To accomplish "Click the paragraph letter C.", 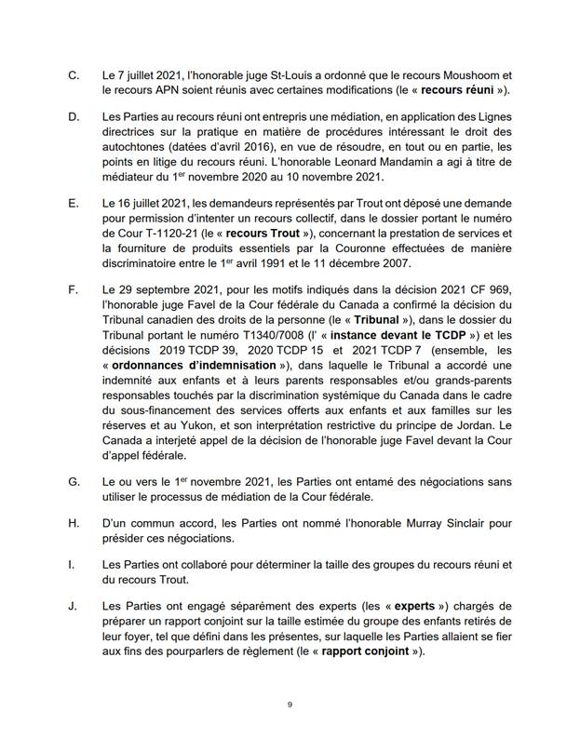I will (x=75, y=73).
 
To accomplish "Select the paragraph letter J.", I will (x=74, y=606).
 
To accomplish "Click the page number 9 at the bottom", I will (x=290, y=704).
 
